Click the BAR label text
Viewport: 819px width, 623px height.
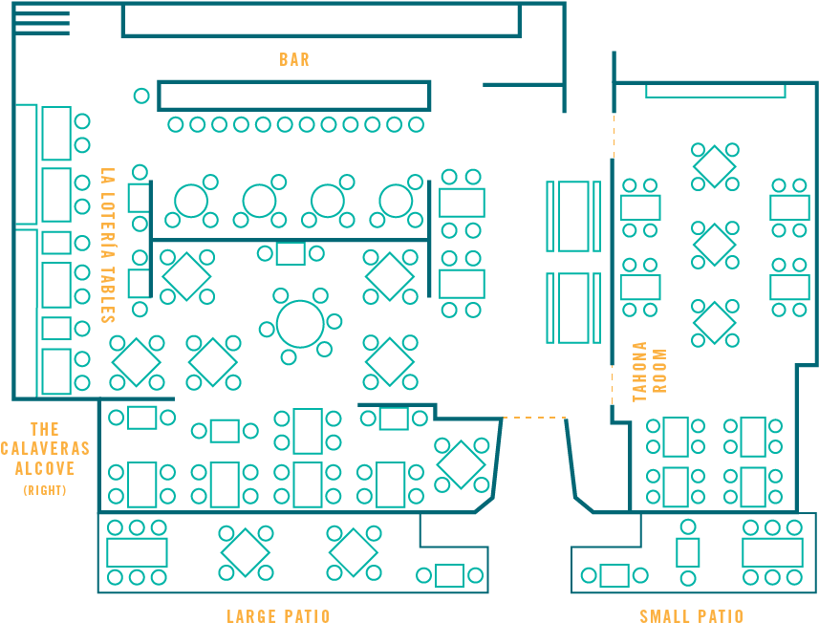[x=294, y=59]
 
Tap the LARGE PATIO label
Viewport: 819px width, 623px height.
[x=278, y=615]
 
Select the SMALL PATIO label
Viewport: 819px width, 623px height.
[x=691, y=615]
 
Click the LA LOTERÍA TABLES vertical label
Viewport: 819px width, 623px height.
[x=108, y=246]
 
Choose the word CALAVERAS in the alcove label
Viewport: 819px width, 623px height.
[x=45, y=448]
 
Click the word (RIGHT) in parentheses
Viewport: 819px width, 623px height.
[x=45, y=489]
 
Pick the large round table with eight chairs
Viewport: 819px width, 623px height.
[x=300, y=324]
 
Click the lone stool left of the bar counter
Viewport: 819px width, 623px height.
[x=141, y=96]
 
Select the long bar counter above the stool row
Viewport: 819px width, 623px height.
[x=294, y=96]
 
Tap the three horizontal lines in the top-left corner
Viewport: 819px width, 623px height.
[x=43, y=23]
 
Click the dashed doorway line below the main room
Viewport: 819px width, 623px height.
[x=535, y=418]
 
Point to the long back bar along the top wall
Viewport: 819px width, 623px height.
[x=320, y=20]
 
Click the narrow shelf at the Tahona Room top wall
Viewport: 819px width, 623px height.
[x=715, y=91]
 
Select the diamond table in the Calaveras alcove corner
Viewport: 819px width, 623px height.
[x=461, y=463]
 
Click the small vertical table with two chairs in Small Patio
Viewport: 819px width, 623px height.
[x=688, y=552]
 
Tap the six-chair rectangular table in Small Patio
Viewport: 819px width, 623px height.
[x=772, y=552]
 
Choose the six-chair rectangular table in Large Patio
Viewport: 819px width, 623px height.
[x=137, y=552]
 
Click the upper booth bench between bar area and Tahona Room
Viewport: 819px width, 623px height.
[x=573, y=216]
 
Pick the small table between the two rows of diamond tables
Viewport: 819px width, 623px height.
[x=291, y=253]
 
